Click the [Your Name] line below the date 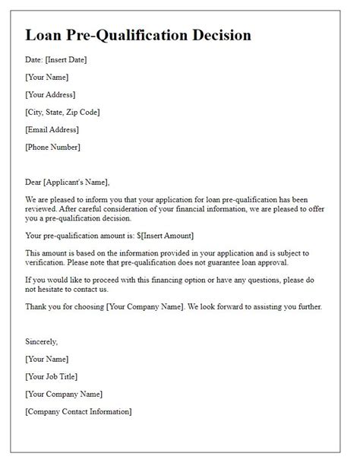47,78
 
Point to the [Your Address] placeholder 50,95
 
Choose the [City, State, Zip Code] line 62,113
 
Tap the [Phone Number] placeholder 52,147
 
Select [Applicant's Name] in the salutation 77,182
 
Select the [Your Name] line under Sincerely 47,359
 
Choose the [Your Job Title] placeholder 51,376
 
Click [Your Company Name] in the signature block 64,394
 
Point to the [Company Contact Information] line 78,411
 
